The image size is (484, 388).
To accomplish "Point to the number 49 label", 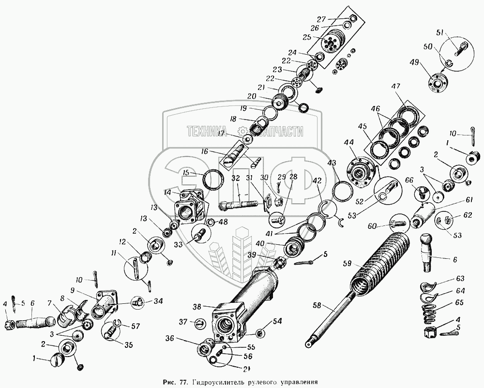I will point(415,63).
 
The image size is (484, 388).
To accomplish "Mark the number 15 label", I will point(186,173).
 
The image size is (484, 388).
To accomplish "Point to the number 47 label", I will point(396,87).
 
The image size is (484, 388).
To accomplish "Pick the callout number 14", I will point(167,193).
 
